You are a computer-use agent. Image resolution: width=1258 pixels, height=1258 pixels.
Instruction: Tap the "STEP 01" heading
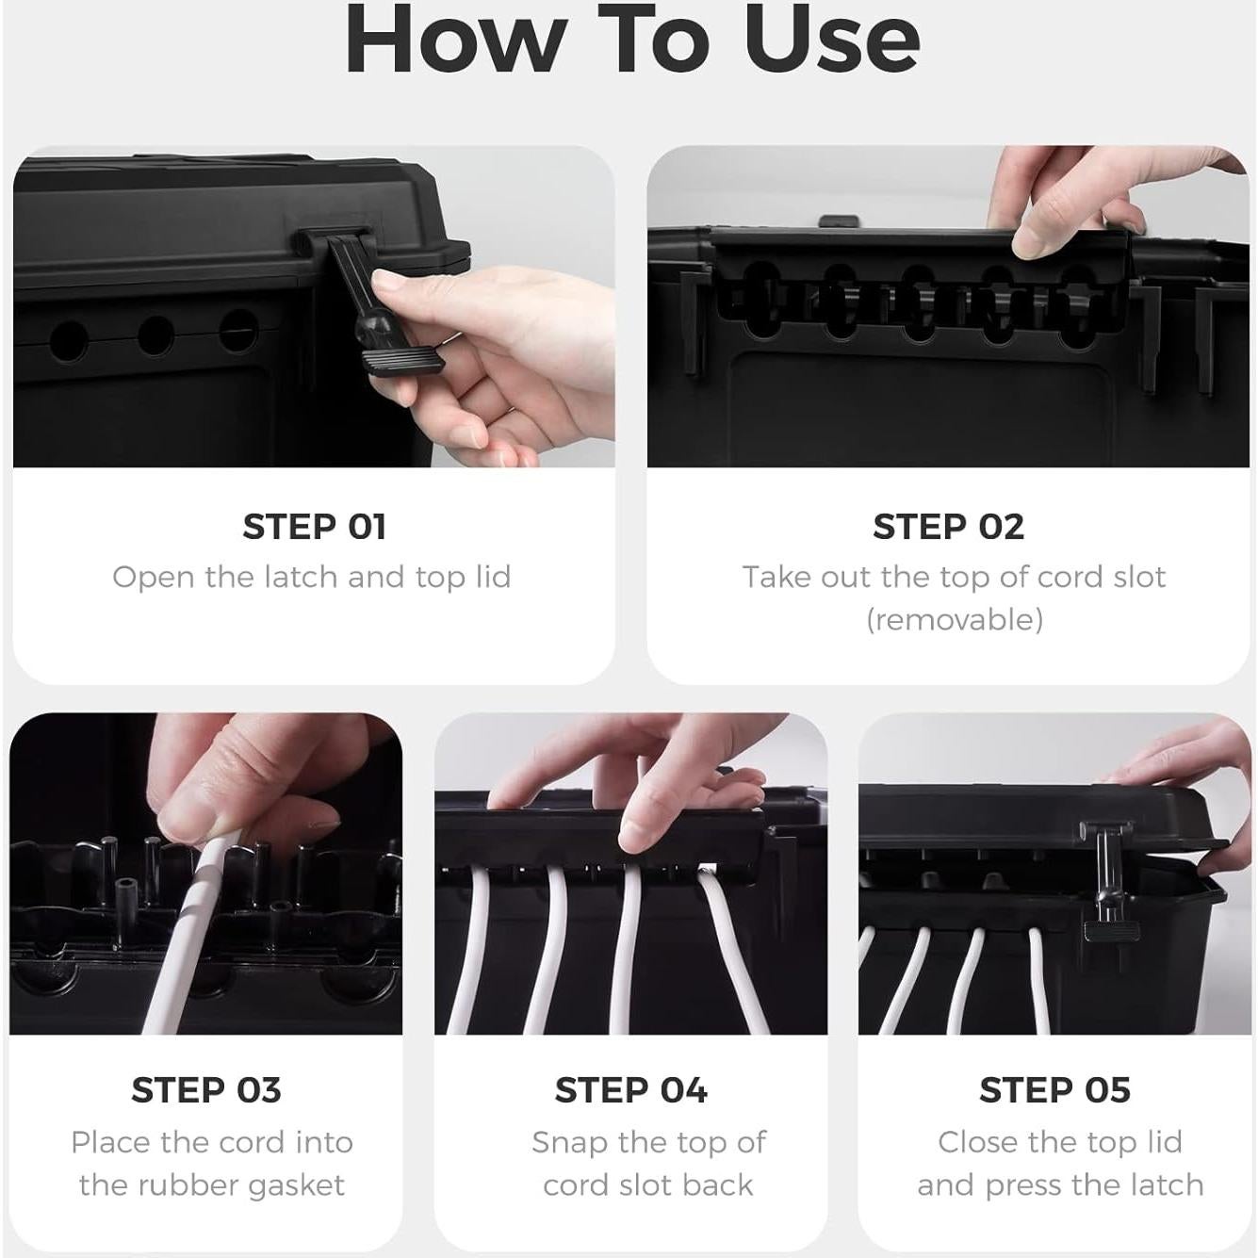[x=314, y=527]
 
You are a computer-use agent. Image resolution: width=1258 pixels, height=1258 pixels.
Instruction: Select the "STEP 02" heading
[x=948, y=527]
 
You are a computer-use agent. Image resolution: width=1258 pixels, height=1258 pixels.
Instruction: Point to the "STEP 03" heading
[x=205, y=1089]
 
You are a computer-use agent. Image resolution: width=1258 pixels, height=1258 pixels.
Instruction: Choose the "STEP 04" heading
[x=630, y=1089]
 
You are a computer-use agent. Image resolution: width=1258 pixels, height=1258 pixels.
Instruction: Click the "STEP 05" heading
[x=1054, y=1089]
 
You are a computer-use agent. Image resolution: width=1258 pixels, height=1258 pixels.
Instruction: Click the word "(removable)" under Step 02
[x=955, y=619]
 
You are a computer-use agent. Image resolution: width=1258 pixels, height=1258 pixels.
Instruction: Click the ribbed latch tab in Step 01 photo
[x=406, y=360]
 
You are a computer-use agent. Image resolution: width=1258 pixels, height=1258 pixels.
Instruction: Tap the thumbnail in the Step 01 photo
[x=390, y=282]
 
